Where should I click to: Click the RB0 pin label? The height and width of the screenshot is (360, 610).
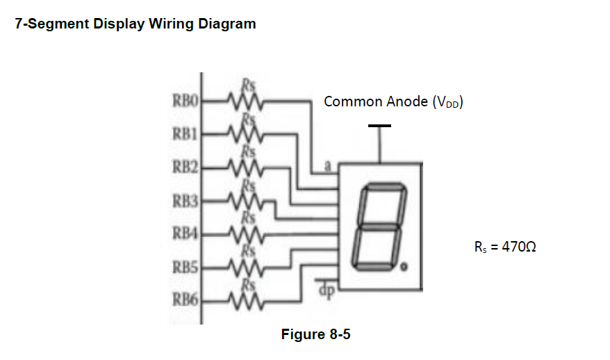[185, 102]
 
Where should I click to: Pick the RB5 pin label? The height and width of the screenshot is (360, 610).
[185, 267]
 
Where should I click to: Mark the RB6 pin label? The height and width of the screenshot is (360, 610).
[185, 300]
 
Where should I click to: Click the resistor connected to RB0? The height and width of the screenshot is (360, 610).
[242, 102]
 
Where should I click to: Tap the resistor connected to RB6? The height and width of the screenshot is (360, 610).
[242, 300]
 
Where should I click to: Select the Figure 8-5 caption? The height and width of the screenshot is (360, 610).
[315, 335]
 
